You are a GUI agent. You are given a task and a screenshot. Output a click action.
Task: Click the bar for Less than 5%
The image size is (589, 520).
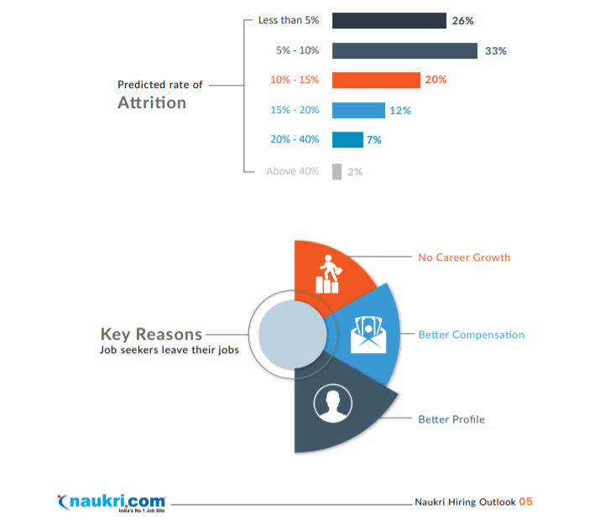[x=388, y=20]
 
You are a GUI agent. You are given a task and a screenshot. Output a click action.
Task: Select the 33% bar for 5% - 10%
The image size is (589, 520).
[x=404, y=50]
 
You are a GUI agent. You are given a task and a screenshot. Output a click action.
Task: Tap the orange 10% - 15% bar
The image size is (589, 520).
[x=376, y=80]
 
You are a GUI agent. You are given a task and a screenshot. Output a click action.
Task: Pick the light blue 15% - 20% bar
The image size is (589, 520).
[x=358, y=110]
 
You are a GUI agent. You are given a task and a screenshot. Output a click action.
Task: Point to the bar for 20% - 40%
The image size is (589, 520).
[x=347, y=140]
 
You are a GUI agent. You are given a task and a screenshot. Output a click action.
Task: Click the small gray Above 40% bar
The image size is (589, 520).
[x=336, y=171]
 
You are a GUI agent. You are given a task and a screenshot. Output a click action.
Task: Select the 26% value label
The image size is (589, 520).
[x=462, y=20]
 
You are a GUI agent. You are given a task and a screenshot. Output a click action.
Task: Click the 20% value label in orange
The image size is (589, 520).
[x=435, y=80]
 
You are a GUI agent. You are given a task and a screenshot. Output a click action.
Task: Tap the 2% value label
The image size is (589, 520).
[x=354, y=171]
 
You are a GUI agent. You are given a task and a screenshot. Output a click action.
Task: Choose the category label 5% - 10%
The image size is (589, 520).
[x=298, y=50]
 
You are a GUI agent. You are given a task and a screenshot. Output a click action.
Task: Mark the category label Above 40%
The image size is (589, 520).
[x=293, y=171]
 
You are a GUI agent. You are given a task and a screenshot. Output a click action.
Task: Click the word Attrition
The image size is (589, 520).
[x=151, y=103]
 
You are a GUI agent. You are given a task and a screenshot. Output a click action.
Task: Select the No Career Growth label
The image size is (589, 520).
[x=464, y=257]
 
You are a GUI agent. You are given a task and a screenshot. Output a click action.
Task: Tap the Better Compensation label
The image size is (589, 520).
[x=472, y=335]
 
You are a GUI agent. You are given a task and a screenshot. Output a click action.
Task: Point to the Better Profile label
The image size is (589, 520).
[x=451, y=419]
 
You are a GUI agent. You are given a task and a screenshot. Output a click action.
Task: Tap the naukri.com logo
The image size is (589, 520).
[x=112, y=502]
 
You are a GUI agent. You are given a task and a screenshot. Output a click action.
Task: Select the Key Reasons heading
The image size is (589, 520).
[x=151, y=333]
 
